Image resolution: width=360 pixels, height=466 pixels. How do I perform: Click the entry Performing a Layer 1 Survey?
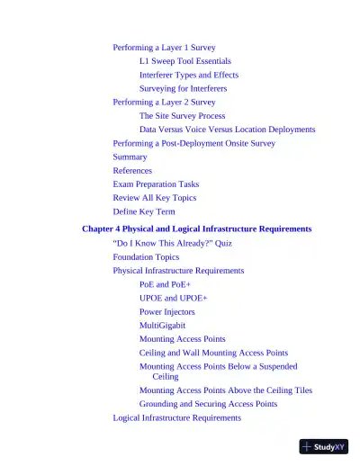point(164,47)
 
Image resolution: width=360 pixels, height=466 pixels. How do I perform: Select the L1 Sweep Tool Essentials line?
point(184,61)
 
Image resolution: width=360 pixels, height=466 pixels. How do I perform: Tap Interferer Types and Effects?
point(188,75)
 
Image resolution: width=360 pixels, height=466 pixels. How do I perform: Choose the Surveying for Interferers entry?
point(183,88)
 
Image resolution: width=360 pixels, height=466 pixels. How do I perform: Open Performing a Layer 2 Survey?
point(164,102)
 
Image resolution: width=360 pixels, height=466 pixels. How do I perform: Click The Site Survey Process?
point(182,116)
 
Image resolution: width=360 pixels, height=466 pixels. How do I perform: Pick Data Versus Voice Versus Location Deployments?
point(227,130)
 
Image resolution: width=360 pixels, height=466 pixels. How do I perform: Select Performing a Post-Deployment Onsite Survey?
point(193,143)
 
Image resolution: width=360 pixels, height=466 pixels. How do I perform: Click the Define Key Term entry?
point(144,211)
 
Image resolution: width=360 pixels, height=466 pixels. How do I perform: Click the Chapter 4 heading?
point(196,229)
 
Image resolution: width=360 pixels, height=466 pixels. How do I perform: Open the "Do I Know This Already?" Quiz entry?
point(172,243)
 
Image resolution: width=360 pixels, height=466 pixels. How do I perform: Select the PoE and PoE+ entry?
point(165,284)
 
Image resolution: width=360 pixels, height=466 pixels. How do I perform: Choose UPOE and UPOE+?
point(173,298)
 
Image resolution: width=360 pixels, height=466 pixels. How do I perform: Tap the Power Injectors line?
point(166,311)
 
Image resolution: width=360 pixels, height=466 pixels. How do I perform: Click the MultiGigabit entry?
point(162,325)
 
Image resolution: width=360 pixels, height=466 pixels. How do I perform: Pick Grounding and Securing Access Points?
point(208,404)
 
